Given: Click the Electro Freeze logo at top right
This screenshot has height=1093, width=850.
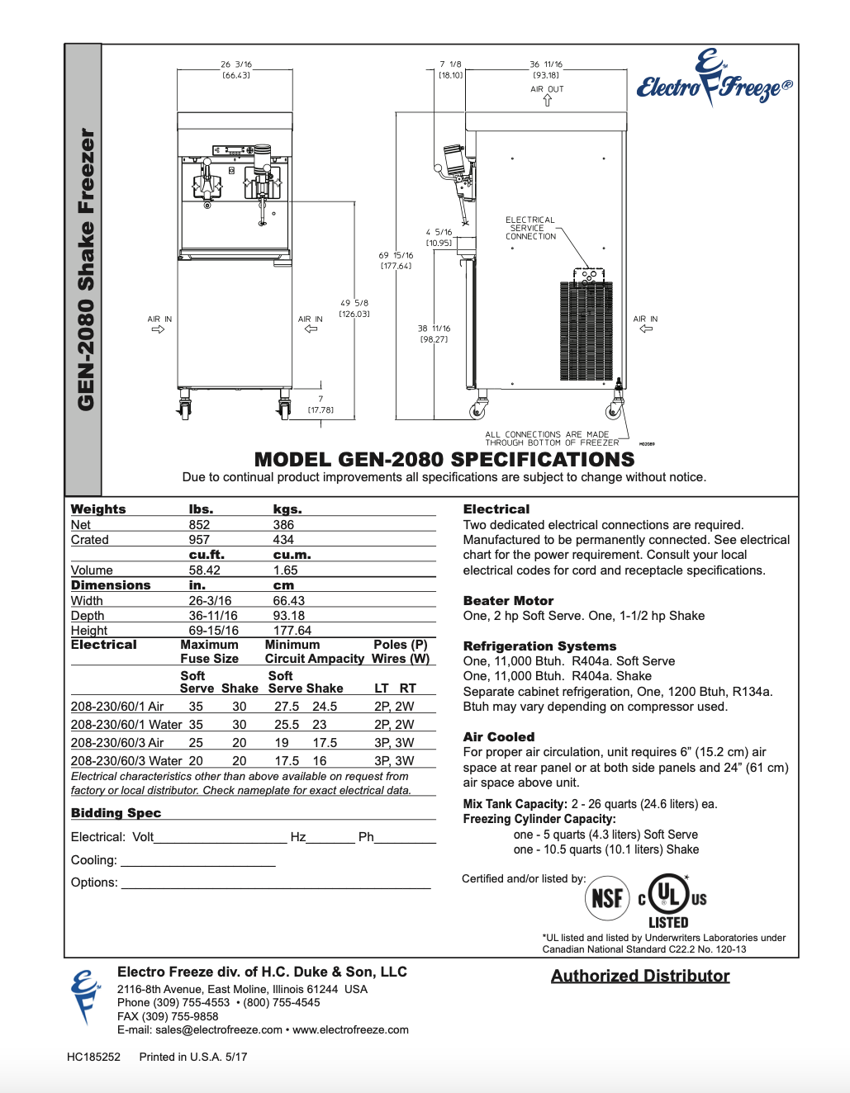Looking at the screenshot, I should [714, 81].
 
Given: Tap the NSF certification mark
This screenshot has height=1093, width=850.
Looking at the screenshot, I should [607, 897].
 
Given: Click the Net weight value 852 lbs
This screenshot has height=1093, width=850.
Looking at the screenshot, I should [199, 525].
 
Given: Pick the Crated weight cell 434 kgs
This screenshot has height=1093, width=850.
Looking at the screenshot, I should [283, 540].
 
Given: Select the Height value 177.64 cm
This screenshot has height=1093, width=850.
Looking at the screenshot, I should [292, 631].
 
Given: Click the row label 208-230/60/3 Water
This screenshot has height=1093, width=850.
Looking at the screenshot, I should [126, 761].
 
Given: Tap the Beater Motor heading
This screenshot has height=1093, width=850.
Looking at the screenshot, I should [508, 601].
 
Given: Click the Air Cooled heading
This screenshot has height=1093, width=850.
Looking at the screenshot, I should [499, 737].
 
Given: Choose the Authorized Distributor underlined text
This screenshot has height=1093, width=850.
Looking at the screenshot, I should [640, 976].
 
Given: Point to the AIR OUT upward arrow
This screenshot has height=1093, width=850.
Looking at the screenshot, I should [547, 101].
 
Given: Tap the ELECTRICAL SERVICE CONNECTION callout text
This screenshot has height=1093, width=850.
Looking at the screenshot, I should [530, 229].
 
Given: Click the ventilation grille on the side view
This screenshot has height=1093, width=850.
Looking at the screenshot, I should [586, 330].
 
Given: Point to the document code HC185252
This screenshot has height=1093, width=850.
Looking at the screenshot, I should [93, 1057].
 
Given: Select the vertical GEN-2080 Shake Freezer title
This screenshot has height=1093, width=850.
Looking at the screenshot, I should [85, 269].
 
